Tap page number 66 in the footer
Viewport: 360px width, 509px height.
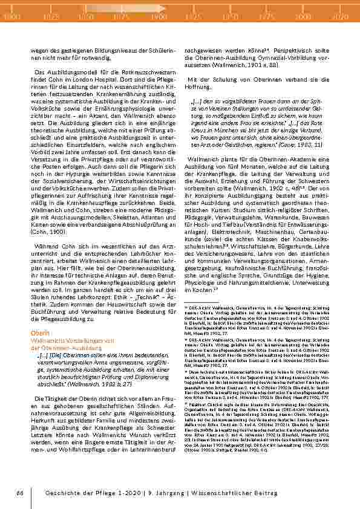[19, 494]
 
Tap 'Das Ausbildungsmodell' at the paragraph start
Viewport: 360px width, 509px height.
[61, 71]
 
